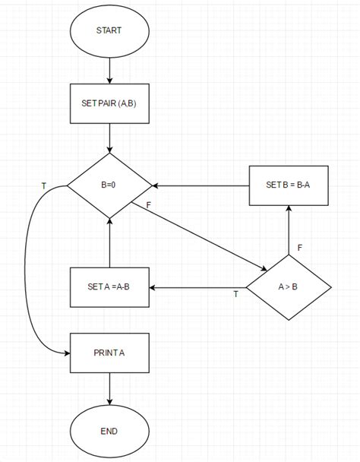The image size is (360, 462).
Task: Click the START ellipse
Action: point(109,31)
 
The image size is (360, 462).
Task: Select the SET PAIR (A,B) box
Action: point(109,104)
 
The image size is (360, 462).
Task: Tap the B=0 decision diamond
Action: point(109,185)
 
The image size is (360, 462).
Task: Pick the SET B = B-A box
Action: point(289,185)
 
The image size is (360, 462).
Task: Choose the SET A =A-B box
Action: point(109,288)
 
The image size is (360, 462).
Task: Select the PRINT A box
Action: point(109,352)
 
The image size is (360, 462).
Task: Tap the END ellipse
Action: point(109,431)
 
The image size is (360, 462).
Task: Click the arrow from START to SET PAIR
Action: point(109,69)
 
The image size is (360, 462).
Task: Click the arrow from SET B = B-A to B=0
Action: point(201,185)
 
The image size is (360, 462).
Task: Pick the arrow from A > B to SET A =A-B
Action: point(197,288)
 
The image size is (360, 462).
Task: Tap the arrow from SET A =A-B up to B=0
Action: point(109,242)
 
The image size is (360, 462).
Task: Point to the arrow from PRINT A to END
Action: point(109,390)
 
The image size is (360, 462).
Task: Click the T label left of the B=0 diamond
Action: point(43,185)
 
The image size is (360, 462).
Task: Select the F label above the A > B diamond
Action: point(300,247)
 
